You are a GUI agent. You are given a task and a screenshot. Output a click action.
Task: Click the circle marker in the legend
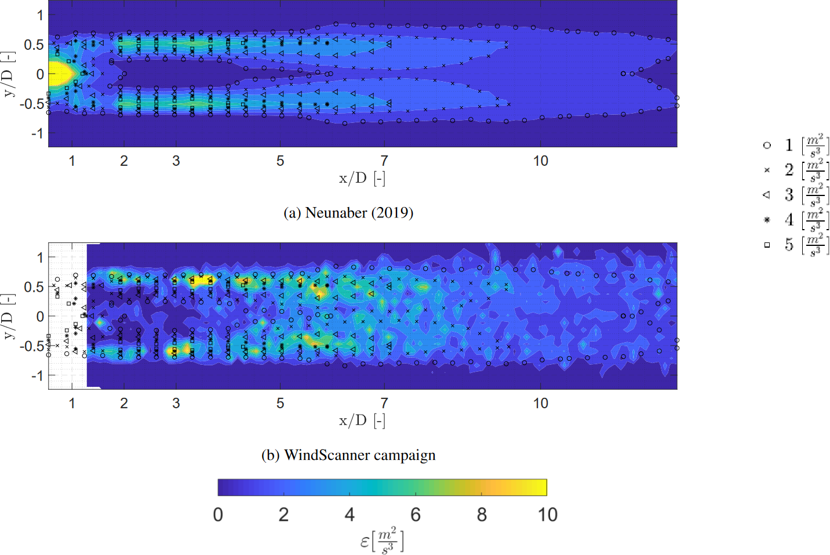tap(767, 146)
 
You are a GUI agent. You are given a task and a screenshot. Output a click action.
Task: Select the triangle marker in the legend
tap(767, 195)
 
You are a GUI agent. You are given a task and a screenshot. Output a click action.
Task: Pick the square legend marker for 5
tap(767, 245)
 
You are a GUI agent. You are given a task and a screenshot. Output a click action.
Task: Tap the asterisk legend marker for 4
tap(767, 220)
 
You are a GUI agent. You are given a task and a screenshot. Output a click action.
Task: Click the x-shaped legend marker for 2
tap(767, 170)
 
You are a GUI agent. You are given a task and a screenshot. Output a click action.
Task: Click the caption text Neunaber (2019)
tap(359, 213)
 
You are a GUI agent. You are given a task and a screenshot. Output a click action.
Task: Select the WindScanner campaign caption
tap(359, 455)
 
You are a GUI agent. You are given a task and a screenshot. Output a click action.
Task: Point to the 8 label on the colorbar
tap(482, 514)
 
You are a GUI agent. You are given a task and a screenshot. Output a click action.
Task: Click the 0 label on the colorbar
tap(218, 514)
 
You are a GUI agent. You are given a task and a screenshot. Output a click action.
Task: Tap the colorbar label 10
tap(547, 514)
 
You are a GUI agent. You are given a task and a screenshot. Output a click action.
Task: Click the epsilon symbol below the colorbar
tap(365, 542)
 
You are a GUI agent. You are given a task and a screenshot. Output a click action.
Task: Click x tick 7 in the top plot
tap(384, 161)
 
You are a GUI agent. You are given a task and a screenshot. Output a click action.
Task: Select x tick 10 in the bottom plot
tap(540, 403)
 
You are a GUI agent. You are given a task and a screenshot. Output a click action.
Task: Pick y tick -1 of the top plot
tap(36, 133)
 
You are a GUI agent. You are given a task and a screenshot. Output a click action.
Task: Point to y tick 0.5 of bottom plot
tap(34, 287)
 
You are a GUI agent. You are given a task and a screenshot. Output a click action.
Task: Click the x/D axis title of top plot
tap(362, 178)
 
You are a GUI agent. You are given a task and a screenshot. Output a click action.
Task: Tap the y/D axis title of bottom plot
tap(8, 317)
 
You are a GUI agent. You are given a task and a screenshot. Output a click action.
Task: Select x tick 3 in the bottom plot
tap(176, 403)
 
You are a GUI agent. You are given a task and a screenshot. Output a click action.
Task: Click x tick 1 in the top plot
tap(72, 161)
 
